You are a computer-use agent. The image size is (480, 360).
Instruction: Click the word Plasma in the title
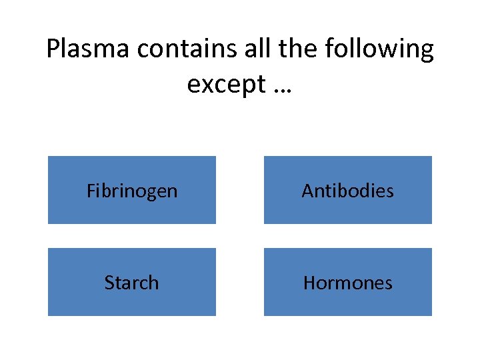click(87, 49)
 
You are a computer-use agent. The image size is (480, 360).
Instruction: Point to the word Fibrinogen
click(132, 191)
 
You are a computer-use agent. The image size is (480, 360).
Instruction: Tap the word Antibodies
click(347, 191)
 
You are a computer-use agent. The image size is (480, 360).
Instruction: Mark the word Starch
click(132, 283)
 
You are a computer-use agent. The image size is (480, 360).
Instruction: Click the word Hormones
click(347, 283)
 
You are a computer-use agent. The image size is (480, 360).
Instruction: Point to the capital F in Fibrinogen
click(91, 191)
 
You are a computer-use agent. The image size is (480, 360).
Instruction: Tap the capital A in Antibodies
click(307, 191)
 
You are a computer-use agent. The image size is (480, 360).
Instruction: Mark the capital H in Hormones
click(309, 283)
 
